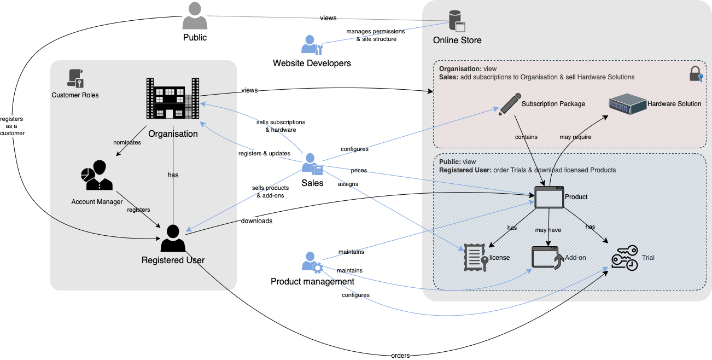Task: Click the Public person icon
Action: [x=195, y=16]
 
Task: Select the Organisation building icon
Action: [x=172, y=98]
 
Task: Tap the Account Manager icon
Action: [x=96, y=176]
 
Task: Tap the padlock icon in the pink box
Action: [x=696, y=74]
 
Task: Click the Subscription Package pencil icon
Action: [x=509, y=104]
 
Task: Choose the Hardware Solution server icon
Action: [x=627, y=104]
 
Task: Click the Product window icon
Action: [x=548, y=197]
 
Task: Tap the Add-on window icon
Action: [x=547, y=257]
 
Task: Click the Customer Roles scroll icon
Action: [x=75, y=78]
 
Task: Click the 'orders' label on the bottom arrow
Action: [x=400, y=355]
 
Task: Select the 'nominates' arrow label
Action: [x=127, y=142]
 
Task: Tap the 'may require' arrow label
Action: [x=575, y=137]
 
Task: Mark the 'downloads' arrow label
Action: [x=256, y=221]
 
